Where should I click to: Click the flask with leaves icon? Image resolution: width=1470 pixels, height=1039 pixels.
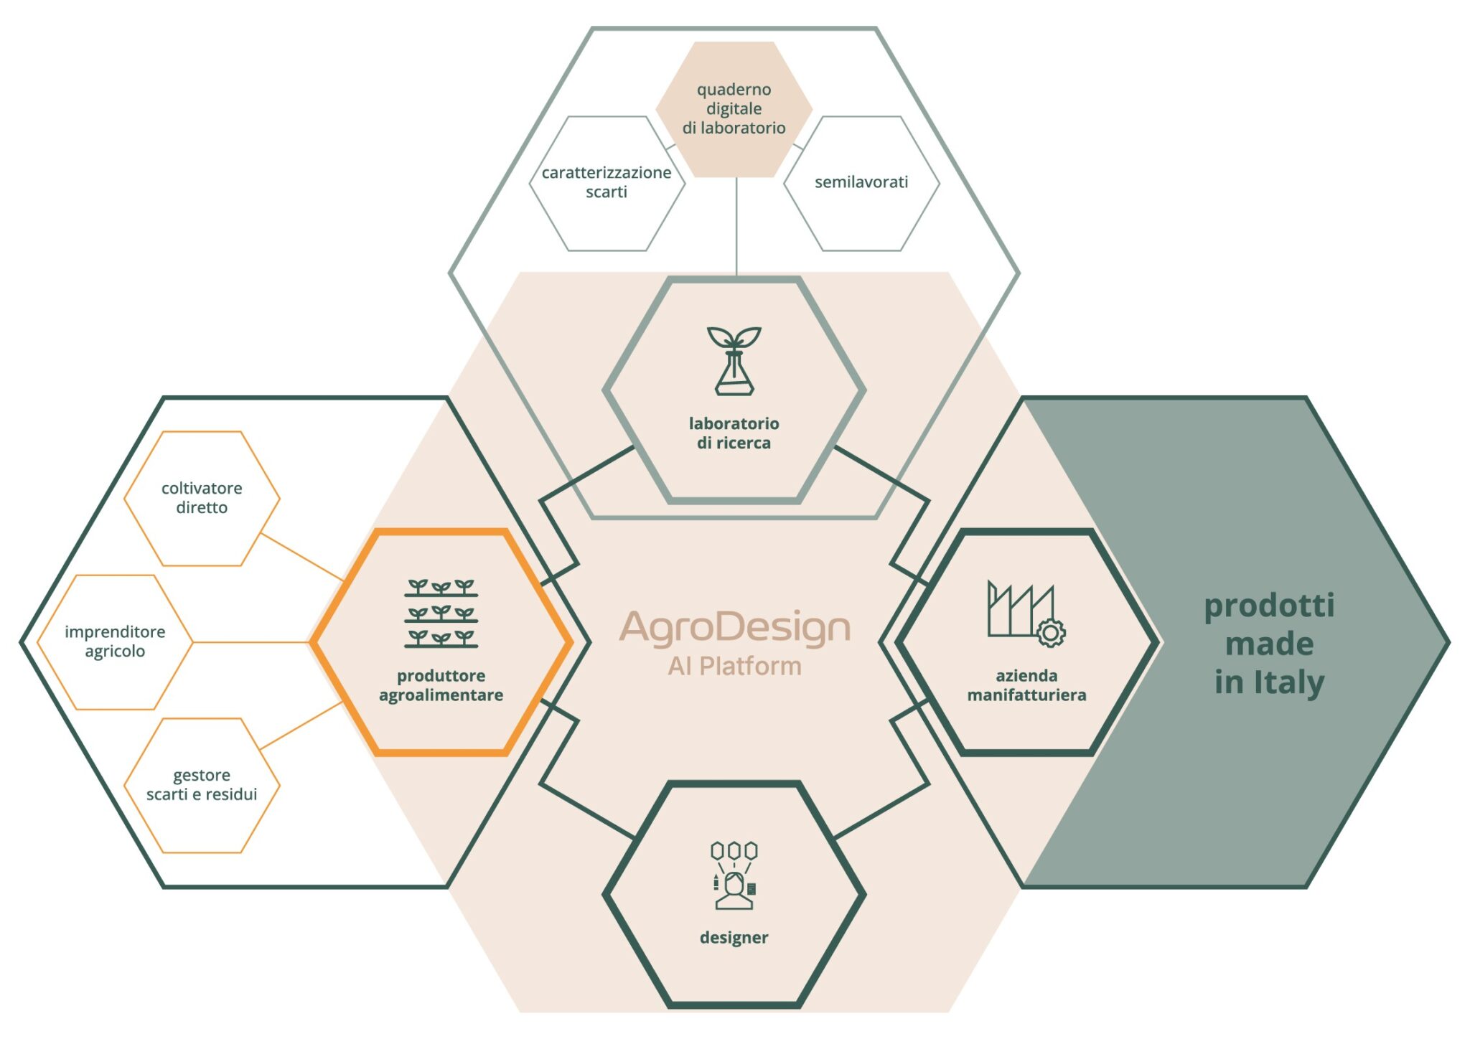click(734, 361)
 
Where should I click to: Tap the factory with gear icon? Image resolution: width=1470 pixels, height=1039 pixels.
click(1025, 613)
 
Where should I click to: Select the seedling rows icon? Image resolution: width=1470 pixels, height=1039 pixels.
click(441, 613)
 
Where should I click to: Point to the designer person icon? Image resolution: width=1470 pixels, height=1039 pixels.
click(734, 875)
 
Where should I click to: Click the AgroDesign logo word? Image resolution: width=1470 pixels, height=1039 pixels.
click(734, 627)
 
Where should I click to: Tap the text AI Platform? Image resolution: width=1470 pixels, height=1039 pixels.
click(734, 667)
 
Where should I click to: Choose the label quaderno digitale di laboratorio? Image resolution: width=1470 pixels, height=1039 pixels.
click(734, 109)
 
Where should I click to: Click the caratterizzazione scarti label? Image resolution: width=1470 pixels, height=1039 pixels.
click(607, 182)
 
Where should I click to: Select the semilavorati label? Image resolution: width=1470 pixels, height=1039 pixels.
click(861, 182)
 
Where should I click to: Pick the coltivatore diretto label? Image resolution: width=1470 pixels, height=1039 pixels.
click(202, 498)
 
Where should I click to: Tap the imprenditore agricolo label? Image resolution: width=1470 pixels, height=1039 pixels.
click(115, 641)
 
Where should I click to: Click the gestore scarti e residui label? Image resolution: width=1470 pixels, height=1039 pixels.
click(202, 784)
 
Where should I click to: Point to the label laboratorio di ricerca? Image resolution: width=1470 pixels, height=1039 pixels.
click(734, 433)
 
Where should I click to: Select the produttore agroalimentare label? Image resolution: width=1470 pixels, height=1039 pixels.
click(441, 685)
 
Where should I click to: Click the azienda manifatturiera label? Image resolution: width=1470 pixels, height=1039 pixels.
click(1026, 685)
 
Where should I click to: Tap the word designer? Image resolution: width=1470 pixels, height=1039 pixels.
click(734, 938)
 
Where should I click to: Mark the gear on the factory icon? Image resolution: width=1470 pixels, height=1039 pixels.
click(1051, 632)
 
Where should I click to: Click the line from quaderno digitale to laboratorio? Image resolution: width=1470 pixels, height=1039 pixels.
click(736, 226)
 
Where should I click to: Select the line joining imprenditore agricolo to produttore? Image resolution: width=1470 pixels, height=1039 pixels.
click(251, 642)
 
